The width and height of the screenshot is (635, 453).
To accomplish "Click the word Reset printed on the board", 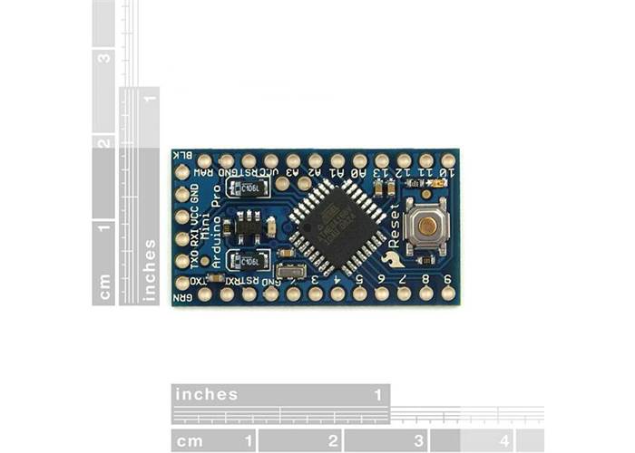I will click(394, 226).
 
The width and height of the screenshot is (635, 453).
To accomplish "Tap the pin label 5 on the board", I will click(359, 280).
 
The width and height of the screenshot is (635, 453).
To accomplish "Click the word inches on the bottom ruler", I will click(206, 394).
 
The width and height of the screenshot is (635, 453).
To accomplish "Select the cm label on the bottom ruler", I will click(190, 441).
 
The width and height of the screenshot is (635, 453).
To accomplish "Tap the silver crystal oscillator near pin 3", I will click(290, 270).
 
